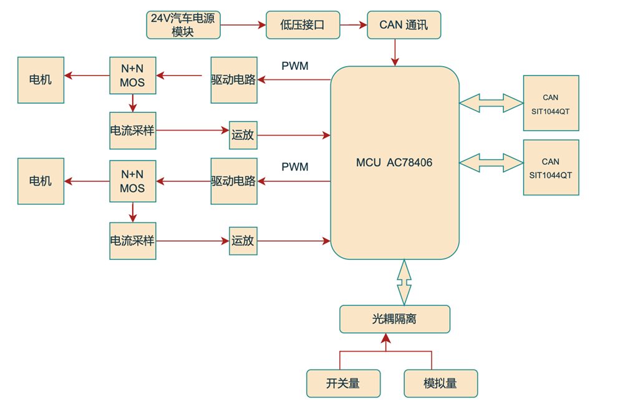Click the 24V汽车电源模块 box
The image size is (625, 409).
(x=183, y=25)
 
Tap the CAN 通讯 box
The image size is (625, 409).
(x=404, y=25)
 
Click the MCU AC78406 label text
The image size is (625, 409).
(x=394, y=162)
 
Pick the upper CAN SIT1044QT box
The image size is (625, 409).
(x=551, y=103)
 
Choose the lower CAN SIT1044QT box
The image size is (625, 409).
(x=551, y=167)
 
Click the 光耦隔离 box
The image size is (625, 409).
(x=394, y=319)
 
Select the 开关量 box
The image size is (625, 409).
(x=343, y=383)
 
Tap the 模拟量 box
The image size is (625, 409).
(x=440, y=383)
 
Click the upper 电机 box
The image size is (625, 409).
(x=41, y=80)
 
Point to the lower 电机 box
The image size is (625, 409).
(x=41, y=181)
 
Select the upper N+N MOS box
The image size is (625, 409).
(x=132, y=76)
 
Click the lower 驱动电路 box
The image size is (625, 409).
(x=234, y=181)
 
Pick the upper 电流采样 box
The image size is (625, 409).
(x=132, y=131)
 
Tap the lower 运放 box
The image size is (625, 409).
(x=243, y=240)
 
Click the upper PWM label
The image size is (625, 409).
(x=295, y=66)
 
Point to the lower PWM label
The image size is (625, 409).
(x=295, y=167)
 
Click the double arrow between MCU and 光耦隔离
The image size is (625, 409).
(x=404, y=282)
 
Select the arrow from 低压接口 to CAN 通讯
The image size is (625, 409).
(x=354, y=25)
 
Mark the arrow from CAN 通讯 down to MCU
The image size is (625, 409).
(x=394, y=52)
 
